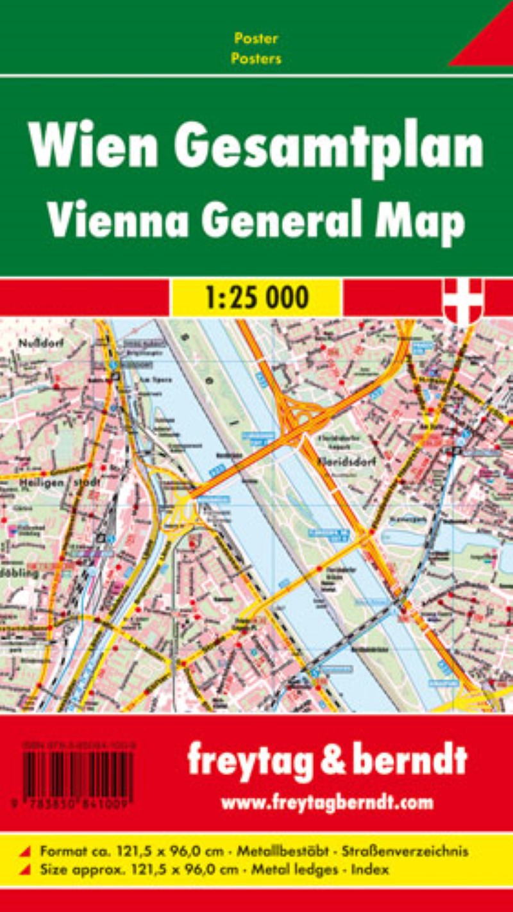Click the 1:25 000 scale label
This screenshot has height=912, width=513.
[x=256, y=297]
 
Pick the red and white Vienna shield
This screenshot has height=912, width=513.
[x=463, y=300]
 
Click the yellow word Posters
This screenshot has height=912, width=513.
[x=256, y=58]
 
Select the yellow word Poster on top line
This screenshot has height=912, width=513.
[x=256, y=38]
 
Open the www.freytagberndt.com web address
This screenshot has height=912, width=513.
[x=327, y=802]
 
